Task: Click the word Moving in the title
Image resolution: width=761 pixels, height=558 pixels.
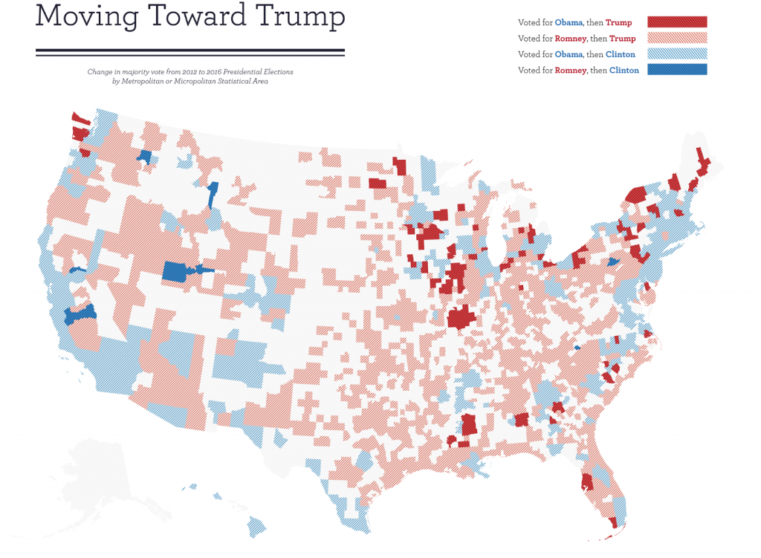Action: click(x=77, y=16)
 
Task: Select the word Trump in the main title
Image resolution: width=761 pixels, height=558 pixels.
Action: click(x=296, y=16)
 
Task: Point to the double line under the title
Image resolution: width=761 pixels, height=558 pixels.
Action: click(x=190, y=52)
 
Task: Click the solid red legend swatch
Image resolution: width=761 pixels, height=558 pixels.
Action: click(x=677, y=22)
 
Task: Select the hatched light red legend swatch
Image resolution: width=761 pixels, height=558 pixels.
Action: click(x=677, y=38)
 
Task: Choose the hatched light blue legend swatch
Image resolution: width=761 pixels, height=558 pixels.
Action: click(x=677, y=54)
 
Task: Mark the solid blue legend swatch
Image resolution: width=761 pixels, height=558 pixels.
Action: click(x=677, y=70)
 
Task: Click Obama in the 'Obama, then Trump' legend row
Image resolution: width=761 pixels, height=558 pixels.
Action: click(x=569, y=23)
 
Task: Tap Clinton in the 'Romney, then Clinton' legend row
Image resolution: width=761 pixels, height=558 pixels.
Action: click(x=624, y=71)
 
